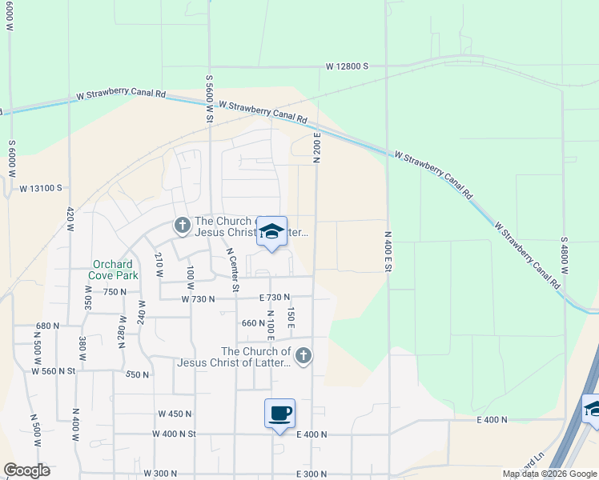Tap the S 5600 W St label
[x=209, y=98]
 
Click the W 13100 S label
[x=41, y=188]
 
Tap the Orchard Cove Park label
[x=115, y=270]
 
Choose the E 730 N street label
[x=274, y=298]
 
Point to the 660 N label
[x=252, y=323]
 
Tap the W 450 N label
[x=175, y=414]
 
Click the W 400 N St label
[x=174, y=433]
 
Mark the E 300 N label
[x=312, y=474]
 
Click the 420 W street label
[x=70, y=221]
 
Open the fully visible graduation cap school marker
[x=271, y=232]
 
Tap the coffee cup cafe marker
[x=279, y=414]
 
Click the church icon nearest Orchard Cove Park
[x=182, y=226]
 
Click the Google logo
[x=27, y=470]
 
